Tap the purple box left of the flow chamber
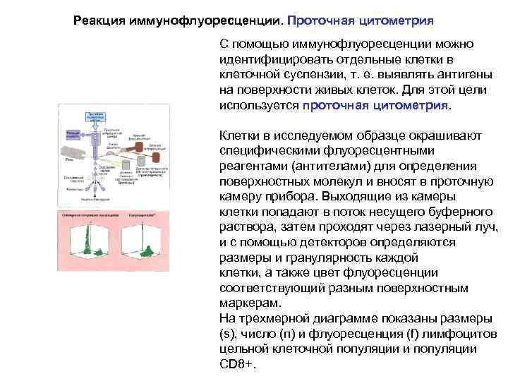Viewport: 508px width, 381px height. pyautogui.click(x=72, y=133)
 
